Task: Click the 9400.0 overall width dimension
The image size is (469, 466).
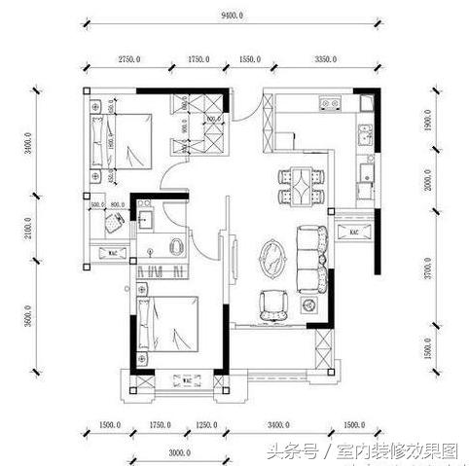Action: [x=233, y=18]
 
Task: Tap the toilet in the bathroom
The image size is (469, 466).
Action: [x=177, y=245]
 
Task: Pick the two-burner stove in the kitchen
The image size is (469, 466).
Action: [x=328, y=102]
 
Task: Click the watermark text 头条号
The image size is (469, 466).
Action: [x=295, y=450]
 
